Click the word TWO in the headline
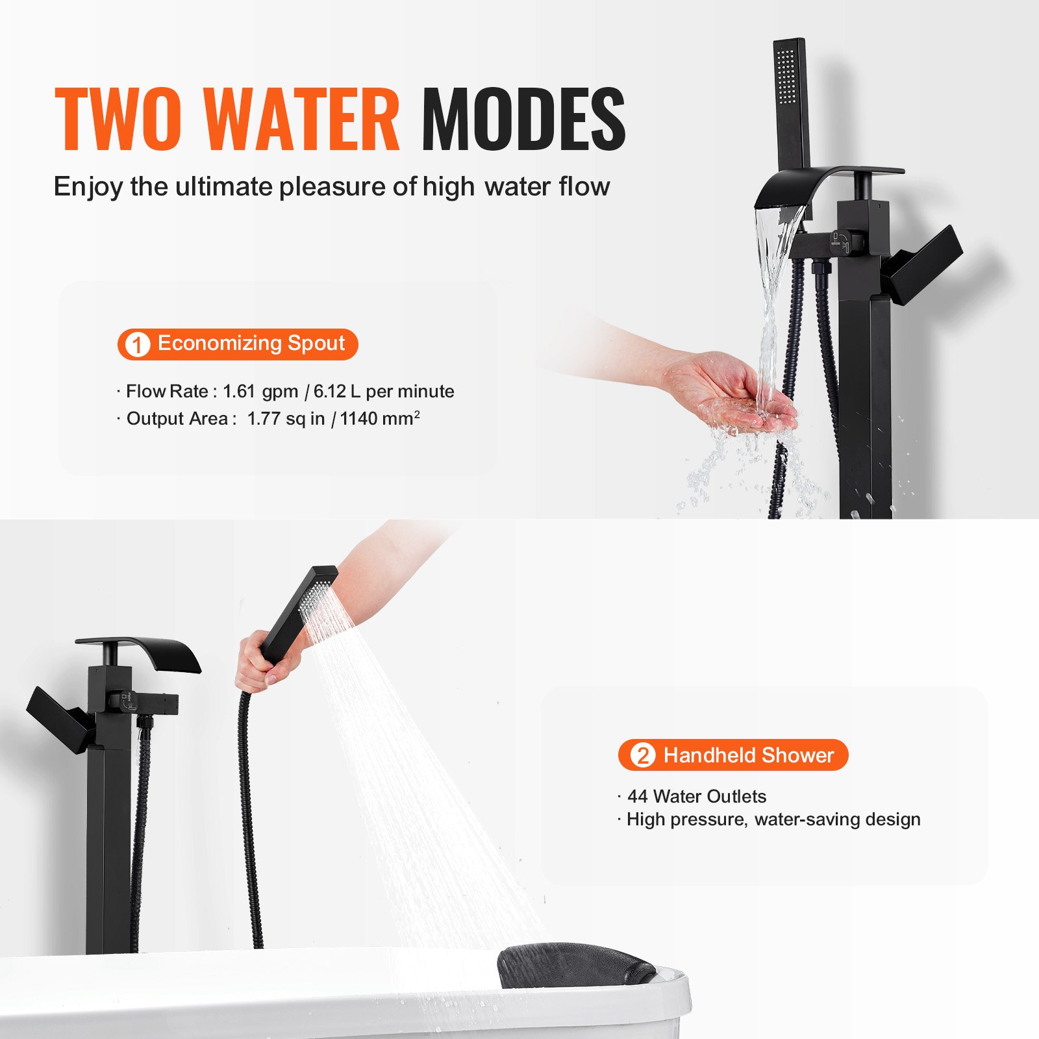(x=118, y=119)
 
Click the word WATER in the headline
(x=301, y=119)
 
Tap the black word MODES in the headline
(x=523, y=119)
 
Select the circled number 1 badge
(x=137, y=344)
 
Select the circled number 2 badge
(x=642, y=755)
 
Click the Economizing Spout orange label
(x=251, y=343)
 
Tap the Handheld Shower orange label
(x=748, y=755)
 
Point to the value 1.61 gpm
(x=260, y=392)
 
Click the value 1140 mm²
(x=379, y=419)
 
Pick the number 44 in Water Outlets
(x=637, y=796)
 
